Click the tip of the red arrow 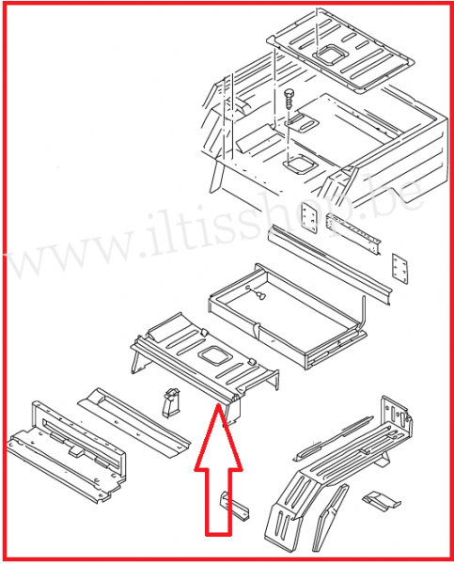point(219,406)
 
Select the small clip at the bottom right point(379,500)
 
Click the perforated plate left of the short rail point(308,220)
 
